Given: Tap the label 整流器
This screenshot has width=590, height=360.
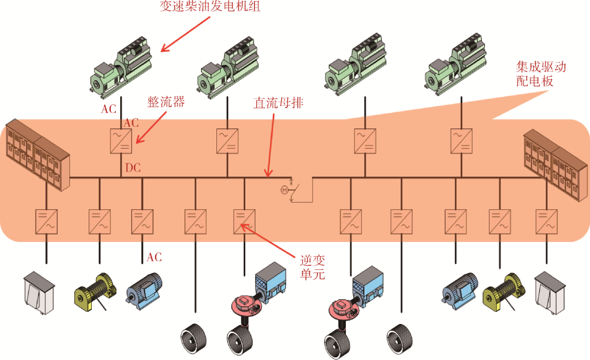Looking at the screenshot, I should pyautogui.click(x=166, y=102).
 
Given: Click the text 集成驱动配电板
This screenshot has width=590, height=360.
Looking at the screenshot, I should pyautogui.click(x=540, y=74).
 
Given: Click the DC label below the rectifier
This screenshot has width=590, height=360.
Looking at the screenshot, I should pyautogui.click(x=133, y=168).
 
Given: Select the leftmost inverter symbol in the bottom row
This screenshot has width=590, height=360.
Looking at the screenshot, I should pyautogui.click(x=46, y=221).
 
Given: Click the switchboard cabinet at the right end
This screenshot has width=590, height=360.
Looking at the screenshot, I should pyautogui.click(x=553, y=157).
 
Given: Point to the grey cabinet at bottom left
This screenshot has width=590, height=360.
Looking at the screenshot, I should pyautogui.click(x=40, y=294).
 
